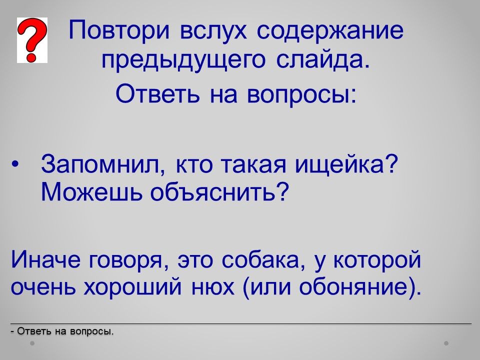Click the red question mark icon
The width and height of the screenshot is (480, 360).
[32, 40]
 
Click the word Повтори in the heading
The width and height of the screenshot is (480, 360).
[119, 31]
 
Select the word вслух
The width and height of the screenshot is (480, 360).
[213, 31]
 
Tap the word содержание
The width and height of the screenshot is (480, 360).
[330, 31]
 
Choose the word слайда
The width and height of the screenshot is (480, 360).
[323, 59]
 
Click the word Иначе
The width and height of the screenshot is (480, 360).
[46, 259]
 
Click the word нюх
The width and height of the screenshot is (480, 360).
[213, 288]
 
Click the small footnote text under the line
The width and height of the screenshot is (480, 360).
[62, 331]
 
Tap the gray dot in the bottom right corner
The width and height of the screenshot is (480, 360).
[446, 343]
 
